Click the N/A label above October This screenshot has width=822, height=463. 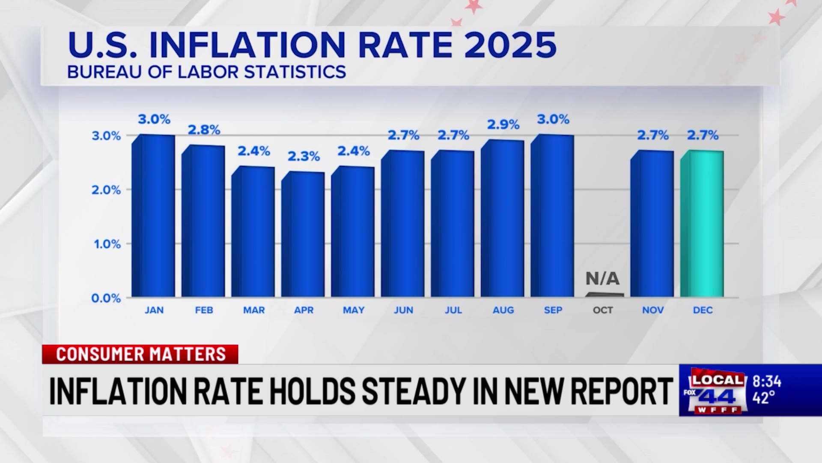coord(602,279)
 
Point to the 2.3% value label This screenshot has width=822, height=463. coord(304,156)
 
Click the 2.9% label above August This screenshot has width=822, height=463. coord(503,125)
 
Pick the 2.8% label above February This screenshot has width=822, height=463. coord(204,130)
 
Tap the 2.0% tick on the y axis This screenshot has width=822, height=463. coord(106,190)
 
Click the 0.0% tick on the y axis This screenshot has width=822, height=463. coord(106,298)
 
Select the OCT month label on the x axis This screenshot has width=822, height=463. coord(603,310)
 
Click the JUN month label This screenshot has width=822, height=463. coord(403,310)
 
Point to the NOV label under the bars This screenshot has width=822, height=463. coord(653,310)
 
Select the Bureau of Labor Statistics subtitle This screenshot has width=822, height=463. coord(206,72)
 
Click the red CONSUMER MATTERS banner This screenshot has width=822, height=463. coord(140,355)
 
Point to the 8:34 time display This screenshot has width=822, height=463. coord(767,382)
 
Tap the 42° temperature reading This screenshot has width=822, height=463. coord(763,398)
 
